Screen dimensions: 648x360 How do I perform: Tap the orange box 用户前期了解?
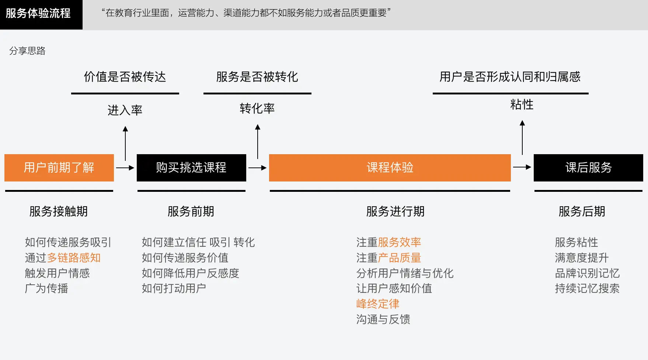(59, 168)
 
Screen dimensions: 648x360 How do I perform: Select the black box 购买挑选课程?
(191, 168)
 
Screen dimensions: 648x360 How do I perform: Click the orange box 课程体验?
(390, 168)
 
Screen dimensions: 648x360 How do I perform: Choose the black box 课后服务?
(588, 168)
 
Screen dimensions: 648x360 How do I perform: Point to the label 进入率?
(125, 110)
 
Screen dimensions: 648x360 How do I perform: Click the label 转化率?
(257, 108)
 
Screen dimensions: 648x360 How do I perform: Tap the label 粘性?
(522, 105)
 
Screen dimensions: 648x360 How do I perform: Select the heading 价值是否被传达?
(125, 77)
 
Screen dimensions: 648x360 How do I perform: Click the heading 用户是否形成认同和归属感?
(510, 77)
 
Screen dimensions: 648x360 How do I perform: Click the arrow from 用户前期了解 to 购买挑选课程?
(125, 168)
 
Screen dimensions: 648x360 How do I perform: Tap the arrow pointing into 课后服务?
(522, 167)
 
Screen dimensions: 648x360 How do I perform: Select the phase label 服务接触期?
(59, 211)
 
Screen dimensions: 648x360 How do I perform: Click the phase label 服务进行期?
(396, 211)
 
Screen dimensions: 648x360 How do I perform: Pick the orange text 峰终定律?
(378, 304)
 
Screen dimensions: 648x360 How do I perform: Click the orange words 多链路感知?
(74, 258)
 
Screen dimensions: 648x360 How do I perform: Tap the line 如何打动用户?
(174, 288)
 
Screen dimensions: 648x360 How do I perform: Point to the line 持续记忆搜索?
(587, 288)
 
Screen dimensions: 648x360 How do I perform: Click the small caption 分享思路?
(27, 51)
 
